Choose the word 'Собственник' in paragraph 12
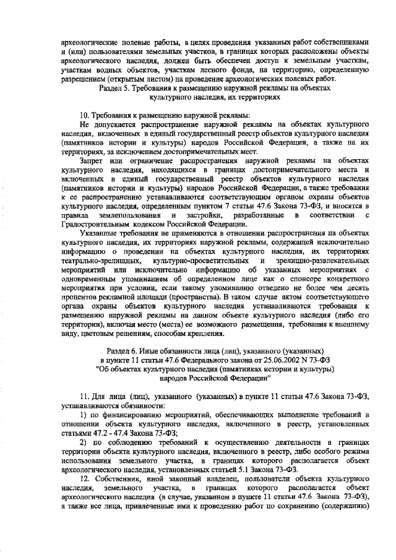[x=120, y=480]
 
